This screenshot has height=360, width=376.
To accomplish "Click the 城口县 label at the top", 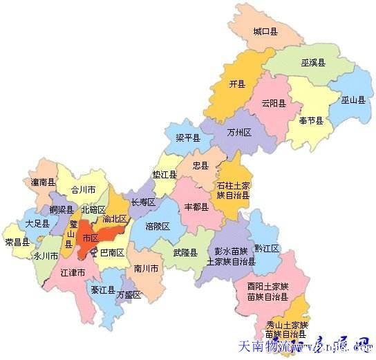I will (x=265, y=32).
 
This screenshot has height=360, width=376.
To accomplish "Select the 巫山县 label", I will (x=352, y=100).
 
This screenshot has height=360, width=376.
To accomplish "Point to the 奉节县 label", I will (x=312, y=120).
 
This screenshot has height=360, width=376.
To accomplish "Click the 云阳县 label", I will (x=273, y=104).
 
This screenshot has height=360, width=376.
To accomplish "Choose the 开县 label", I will (x=237, y=84).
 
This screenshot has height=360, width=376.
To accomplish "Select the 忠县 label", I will (x=201, y=166).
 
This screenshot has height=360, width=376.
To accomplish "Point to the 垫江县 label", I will (x=164, y=175).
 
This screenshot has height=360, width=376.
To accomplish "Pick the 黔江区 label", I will (x=266, y=248).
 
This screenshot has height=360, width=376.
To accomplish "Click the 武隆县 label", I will (x=185, y=253).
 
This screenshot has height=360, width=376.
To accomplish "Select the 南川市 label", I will (x=147, y=267).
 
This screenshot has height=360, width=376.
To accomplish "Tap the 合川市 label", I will (x=84, y=189).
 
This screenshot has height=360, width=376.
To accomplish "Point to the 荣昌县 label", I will (x=17, y=242).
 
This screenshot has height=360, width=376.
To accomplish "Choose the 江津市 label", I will (x=72, y=273).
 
